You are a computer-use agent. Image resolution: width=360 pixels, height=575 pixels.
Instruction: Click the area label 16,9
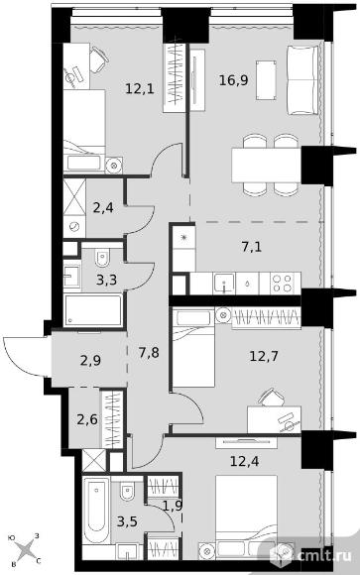point(234,79)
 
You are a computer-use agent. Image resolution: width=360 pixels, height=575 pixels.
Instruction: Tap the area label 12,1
point(140,88)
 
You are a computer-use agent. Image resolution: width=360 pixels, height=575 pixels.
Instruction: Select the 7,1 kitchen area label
point(251,247)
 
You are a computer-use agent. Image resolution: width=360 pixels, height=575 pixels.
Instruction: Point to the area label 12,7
point(264,355)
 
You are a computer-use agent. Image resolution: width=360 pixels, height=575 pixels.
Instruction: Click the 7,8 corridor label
point(149,353)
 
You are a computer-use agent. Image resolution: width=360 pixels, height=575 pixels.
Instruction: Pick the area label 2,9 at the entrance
point(90,361)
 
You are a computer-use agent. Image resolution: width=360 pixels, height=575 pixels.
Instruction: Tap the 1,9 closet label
point(173,506)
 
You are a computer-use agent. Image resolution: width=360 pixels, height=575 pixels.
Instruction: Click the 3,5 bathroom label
point(127,520)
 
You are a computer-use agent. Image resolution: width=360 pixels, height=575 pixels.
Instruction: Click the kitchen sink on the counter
point(224,284)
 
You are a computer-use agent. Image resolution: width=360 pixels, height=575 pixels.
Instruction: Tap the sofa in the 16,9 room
point(302,80)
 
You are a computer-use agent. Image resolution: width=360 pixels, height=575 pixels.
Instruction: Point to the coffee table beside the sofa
point(266,80)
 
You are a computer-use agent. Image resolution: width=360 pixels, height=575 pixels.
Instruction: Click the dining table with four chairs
point(267,165)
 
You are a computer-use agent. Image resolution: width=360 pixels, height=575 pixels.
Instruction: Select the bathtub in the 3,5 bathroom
point(96,511)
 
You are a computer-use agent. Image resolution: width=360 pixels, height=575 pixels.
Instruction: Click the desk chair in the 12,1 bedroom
point(98,59)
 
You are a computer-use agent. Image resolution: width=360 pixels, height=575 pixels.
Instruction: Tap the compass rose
point(27,550)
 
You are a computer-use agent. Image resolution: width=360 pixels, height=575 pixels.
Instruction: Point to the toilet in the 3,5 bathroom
point(127,492)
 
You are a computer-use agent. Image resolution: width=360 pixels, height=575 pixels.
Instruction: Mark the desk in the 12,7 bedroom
point(274,419)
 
